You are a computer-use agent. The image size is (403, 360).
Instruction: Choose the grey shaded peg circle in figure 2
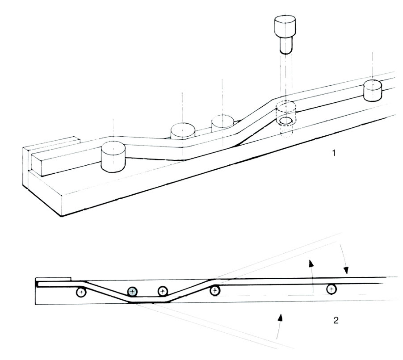[132, 291]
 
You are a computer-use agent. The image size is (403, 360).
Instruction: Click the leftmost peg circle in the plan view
[81, 293]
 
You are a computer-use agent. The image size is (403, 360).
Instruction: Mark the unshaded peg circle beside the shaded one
[162, 291]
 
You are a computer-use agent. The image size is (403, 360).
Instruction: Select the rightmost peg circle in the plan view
[331, 289]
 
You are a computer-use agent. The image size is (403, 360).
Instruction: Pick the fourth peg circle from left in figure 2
[215, 291]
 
